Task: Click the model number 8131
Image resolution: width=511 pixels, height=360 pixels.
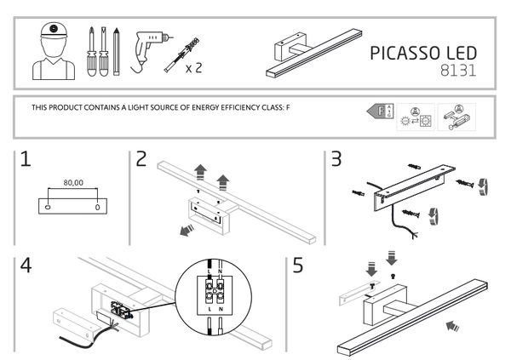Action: pyautogui.click(x=455, y=73)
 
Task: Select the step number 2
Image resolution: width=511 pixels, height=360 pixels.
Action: pyautogui.click(x=141, y=159)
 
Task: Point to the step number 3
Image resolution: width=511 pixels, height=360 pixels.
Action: pyautogui.click(x=336, y=159)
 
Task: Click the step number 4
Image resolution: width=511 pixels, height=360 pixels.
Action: pyautogui.click(x=26, y=266)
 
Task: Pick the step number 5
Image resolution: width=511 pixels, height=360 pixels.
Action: pyautogui.click(x=298, y=266)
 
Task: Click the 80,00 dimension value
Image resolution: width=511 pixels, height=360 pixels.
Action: pyautogui.click(x=74, y=181)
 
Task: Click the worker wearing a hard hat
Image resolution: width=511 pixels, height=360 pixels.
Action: pyautogui.click(x=53, y=50)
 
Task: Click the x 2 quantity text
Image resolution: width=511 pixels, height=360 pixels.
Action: pyautogui.click(x=193, y=68)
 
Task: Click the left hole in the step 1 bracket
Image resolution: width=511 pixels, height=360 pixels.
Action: pyautogui.click(x=49, y=206)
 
